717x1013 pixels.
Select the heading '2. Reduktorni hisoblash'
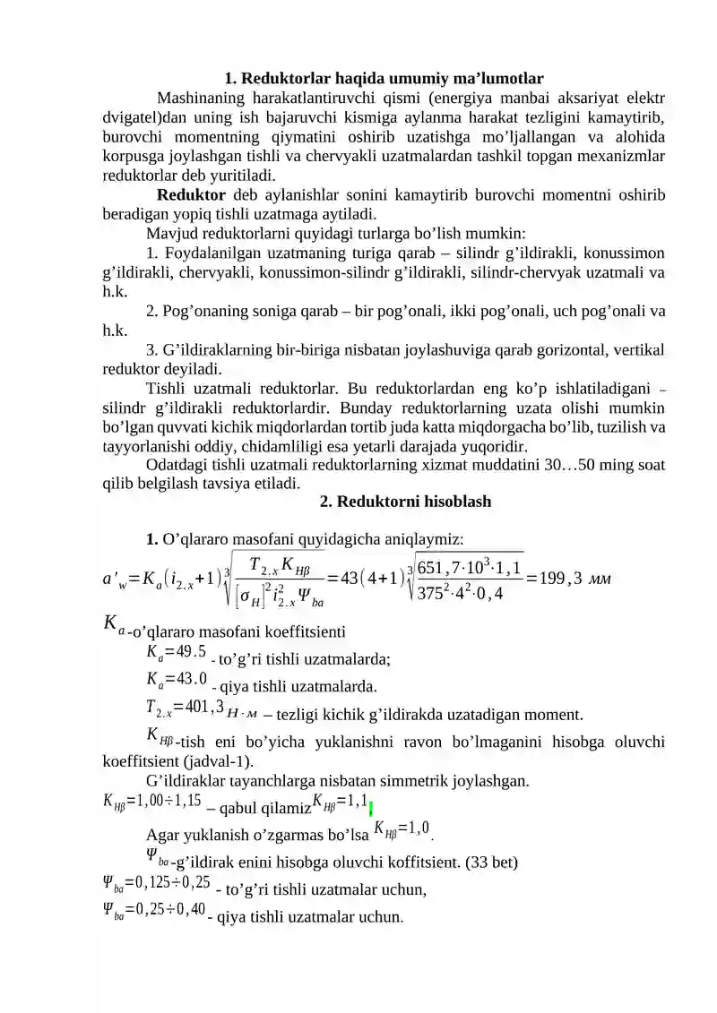[405, 502]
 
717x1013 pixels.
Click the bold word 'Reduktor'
[191, 195]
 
